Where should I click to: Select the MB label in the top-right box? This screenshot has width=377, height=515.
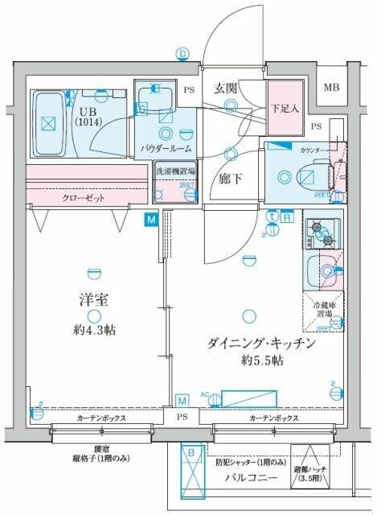(x=331, y=88)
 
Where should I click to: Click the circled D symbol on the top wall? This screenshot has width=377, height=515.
(x=183, y=54)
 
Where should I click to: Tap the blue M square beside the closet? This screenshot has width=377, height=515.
(x=151, y=218)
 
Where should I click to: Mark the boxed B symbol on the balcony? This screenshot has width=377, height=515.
(x=192, y=453)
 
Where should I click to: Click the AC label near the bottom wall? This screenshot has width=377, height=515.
(x=204, y=395)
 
